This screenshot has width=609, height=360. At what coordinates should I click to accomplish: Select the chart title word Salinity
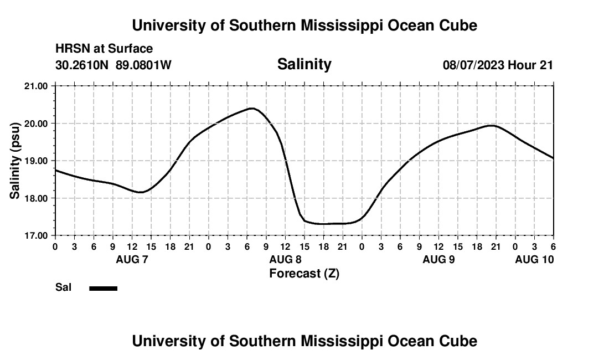point(304,64)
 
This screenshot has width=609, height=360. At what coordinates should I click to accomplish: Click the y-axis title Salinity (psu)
point(16,161)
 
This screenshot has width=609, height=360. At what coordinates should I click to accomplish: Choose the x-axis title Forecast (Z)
point(304,274)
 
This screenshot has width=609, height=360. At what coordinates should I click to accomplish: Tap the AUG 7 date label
point(132,259)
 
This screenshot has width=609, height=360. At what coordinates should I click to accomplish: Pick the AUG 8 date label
point(285,259)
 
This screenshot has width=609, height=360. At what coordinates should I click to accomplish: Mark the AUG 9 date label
point(438,259)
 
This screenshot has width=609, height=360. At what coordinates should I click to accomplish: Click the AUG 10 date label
point(534,259)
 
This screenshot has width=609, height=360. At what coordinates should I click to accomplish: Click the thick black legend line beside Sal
point(104,288)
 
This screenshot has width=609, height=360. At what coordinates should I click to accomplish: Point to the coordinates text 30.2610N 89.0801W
point(113,65)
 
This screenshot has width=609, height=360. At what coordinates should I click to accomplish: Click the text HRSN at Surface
point(104,49)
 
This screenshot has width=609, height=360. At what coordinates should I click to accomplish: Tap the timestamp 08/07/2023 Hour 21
point(498,65)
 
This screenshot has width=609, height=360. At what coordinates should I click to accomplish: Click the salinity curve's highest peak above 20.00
point(252,109)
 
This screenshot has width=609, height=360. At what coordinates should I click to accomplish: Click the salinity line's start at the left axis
point(56,170)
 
